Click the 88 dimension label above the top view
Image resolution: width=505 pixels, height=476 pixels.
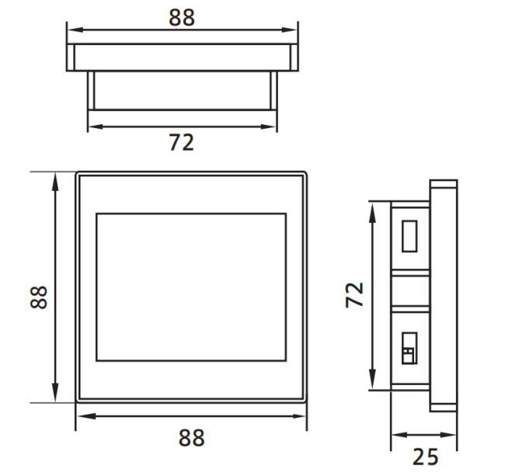pos(182,17)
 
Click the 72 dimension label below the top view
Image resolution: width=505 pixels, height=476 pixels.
pos(182,142)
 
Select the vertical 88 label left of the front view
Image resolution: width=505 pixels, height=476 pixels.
pos(39,297)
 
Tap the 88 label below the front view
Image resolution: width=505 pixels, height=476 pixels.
pos(192,437)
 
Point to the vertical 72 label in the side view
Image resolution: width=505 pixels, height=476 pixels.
pos(354,295)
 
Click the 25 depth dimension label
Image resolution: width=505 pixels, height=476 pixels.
pos(426,457)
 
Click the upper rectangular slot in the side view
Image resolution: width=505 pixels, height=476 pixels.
pos(409,236)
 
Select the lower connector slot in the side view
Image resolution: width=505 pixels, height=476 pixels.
pos(409,348)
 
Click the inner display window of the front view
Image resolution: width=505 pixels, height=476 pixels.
pos(191,287)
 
